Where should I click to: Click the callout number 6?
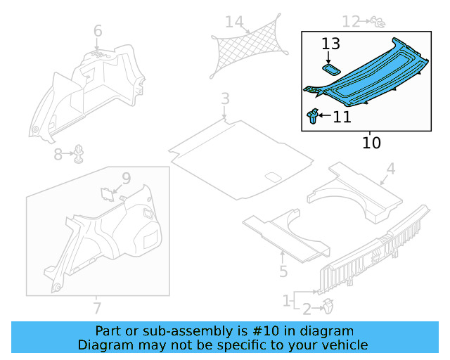point(98,31)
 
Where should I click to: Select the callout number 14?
point(233,22)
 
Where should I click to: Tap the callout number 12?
point(351,22)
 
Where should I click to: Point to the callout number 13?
point(330,44)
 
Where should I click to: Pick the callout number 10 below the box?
point(371,143)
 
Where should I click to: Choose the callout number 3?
point(224,98)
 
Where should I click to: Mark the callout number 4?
point(391,169)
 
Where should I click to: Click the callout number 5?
point(283,271)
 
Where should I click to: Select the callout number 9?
point(126,179)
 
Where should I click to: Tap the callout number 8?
point(58,155)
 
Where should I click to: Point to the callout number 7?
point(98,307)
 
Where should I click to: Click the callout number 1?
point(286,301)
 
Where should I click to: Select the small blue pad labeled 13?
point(330,68)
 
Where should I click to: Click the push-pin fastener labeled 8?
point(79,153)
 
